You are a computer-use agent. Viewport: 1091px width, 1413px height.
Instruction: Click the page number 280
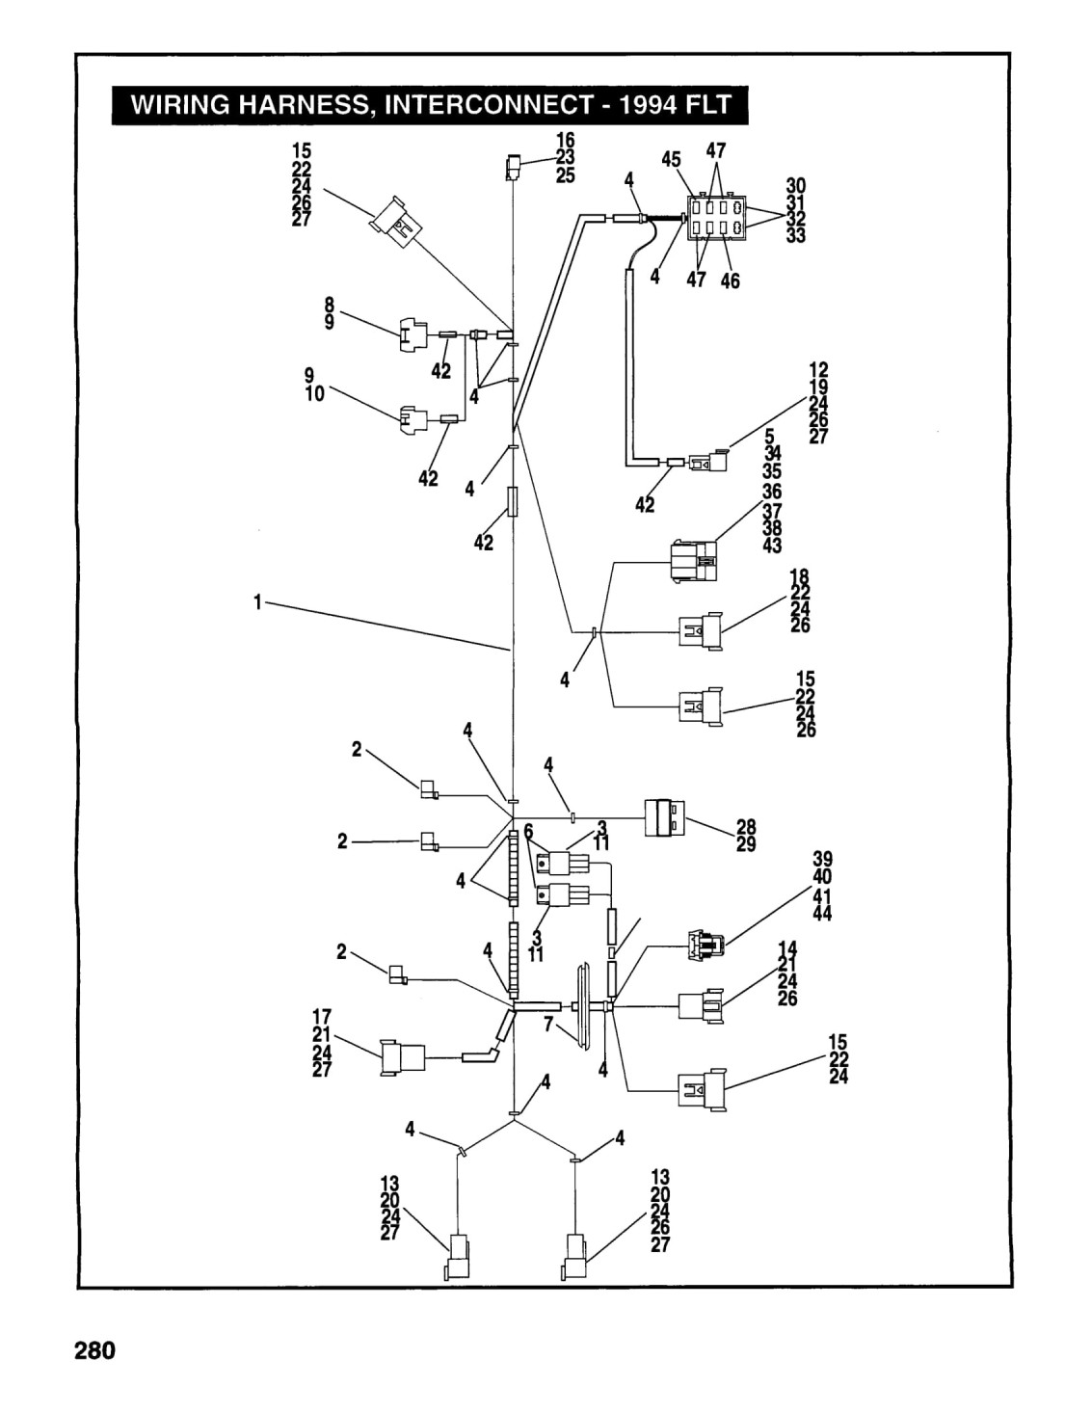(94, 1350)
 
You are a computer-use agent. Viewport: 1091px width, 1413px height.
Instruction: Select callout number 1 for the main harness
(257, 602)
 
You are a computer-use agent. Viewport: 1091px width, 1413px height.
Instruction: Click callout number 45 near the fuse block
(672, 159)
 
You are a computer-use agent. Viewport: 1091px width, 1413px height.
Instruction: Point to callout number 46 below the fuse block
(731, 280)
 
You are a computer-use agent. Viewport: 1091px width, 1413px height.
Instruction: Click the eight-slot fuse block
(717, 218)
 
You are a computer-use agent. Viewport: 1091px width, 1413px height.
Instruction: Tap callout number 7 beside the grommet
(548, 1025)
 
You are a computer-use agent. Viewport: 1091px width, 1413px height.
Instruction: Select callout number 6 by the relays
(528, 831)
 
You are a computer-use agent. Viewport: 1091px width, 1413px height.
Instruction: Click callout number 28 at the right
(746, 827)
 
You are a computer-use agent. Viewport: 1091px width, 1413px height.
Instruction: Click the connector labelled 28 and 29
(664, 818)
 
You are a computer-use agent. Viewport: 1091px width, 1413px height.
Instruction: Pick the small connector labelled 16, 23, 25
(513, 168)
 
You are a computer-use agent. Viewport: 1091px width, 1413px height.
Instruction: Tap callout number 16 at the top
(565, 140)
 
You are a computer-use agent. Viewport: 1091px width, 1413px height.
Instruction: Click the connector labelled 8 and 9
(411, 334)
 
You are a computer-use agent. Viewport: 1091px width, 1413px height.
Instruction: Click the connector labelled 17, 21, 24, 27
(403, 1058)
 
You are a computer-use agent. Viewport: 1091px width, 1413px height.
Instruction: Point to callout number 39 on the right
(822, 859)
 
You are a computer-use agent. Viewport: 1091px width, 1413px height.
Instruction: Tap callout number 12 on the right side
(818, 369)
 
